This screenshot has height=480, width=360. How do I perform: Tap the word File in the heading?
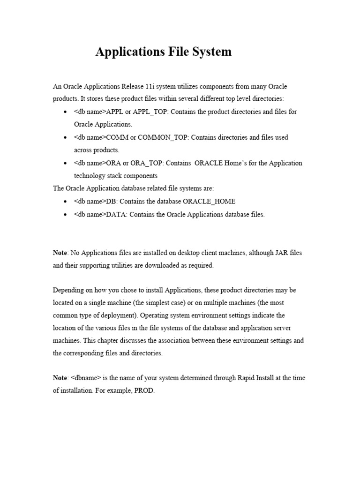pyautogui.click(x=173, y=52)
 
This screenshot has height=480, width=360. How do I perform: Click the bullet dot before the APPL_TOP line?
pyautogui.click(x=64, y=112)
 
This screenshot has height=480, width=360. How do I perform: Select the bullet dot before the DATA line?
pyautogui.click(x=64, y=215)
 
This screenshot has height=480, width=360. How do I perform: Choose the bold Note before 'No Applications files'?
pyautogui.click(x=60, y=253)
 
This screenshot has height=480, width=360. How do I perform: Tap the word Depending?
pyautogui.click(x=67, y=290)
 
